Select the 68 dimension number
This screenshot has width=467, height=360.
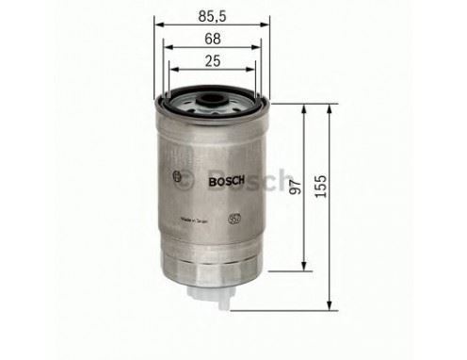pyautogui.click(x=213, y=40)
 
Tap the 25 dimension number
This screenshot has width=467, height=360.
pyautogui.click(x=213, y=61)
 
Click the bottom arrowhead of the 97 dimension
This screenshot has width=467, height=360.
pyautogui.click(x=303, y=265)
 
